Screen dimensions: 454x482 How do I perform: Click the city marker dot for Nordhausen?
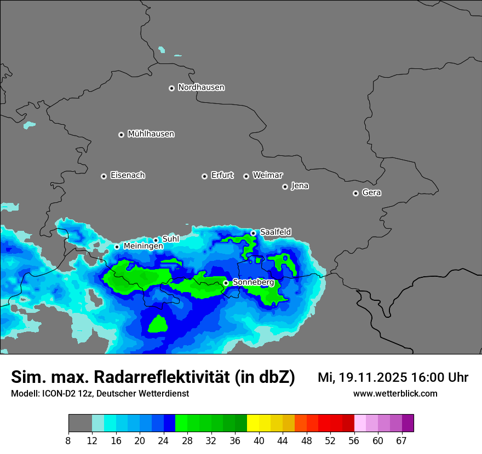pyautogui.click(x=171, y=88)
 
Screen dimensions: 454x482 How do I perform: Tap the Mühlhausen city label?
pyautogui.click(x=151, y=134)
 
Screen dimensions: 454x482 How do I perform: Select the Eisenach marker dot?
pyautogui.click(x=104, y=176)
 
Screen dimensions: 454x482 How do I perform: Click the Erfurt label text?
pyautogui.click(x=222, y=176)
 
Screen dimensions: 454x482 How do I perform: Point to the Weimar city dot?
pyautogui.click(x=246, y=176)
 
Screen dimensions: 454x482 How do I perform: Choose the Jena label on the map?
pyautogui.click(x=300, y=186)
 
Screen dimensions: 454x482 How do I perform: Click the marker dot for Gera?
pyautogui.click(x=355, y=193)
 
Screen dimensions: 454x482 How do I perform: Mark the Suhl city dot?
pyautogui.click(x=156, y=240)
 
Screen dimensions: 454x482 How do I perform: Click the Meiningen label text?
pyautogui.click(x=143, y=247)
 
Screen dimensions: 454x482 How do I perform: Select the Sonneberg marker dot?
pyautogui.click(x=226, y=283)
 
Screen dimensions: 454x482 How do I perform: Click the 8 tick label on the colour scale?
pyautogui.click(x=68, y=440)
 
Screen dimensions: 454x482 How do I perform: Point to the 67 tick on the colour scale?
pyautogui.click(x=401, y=440)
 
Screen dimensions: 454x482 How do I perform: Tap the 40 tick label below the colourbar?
pyautogui.click(x=259, y=440)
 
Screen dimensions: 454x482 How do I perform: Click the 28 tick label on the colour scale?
pyautogui.click(x=187, y=440)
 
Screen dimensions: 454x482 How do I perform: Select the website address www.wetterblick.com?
pyautogui.click(x=395, y=393)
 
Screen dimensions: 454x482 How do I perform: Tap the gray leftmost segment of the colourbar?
pyautogui.click(x=80, y=423)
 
